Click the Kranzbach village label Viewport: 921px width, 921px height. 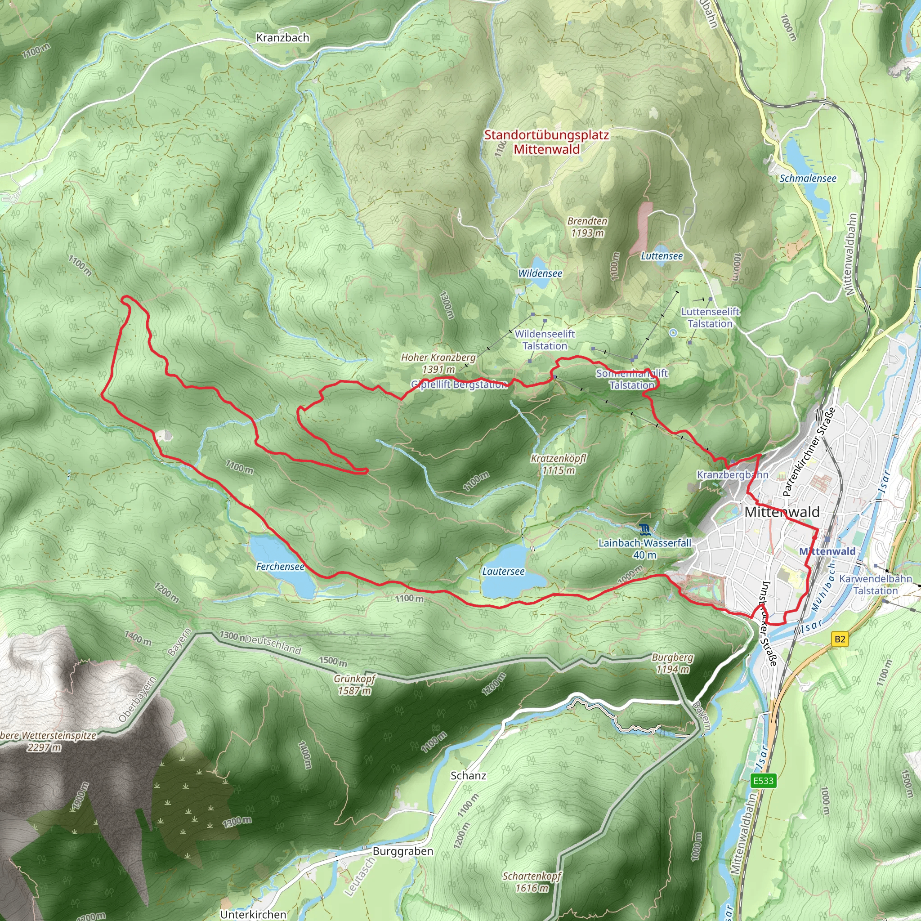(283, 38)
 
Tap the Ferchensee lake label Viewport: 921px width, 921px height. (280, 566)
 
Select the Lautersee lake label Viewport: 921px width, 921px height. (503, 571)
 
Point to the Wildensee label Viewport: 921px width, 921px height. (540, 273)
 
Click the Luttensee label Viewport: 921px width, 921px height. (661, 256)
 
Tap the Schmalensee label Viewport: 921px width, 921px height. (808, 178)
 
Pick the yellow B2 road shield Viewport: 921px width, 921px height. (840, 639)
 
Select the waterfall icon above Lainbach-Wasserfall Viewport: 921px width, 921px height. (644, 529)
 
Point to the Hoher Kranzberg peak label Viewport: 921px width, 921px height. (438, 363)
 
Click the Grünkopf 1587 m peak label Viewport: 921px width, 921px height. (355, 684)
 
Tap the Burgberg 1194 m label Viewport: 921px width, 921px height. (672, 663)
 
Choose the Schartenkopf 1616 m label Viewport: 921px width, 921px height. (532, 882)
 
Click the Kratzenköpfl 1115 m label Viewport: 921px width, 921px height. (558, 464)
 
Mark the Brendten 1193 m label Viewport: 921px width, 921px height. (587, 227)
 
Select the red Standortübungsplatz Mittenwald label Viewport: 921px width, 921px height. (546, 142)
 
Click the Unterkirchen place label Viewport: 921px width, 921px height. (253, 914)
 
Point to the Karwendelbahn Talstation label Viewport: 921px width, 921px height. (875, 585)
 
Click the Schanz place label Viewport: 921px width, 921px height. (468, 776)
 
